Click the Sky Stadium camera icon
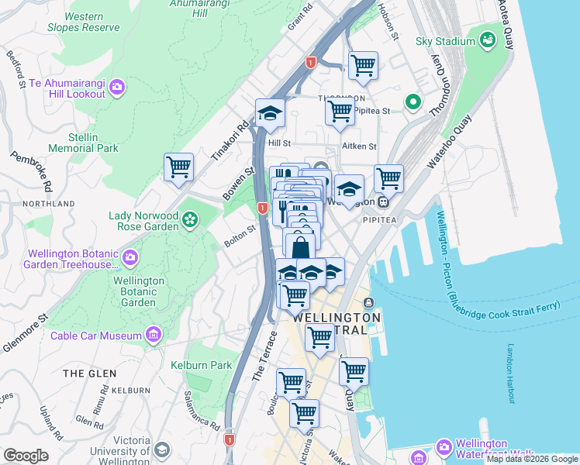pos(488,39)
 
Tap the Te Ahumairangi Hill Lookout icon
pos(117,87)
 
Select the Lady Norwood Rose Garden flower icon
pos(190,220)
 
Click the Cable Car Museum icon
pos(154,335)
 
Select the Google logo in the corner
pos(26,455)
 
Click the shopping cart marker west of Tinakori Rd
pos(178,167)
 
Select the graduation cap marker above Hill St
pos(270,112)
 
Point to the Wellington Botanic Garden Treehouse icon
pos(130,257)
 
